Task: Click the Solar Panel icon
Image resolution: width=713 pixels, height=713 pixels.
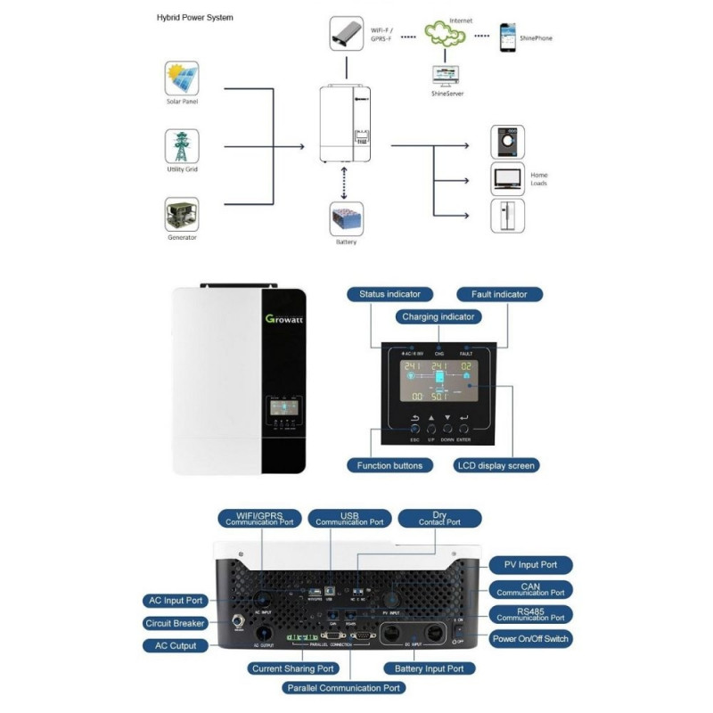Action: pyautogui.click(x=181, y=78)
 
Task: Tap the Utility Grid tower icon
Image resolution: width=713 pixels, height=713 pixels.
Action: pyautogui.click(x=181, y=146)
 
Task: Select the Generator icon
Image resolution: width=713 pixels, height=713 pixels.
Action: pyautogui.click(x=181, y=215)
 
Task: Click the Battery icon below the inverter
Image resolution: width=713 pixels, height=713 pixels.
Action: pyautogui.click(x=347, y=218)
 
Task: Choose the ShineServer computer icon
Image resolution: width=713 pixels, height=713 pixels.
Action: pyautogui.click(x=446, y=76)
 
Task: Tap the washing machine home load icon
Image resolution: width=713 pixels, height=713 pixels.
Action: pyautogui.click(x=507, y=143)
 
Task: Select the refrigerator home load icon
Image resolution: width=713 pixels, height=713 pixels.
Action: pyautogui.click(x=507, y=215)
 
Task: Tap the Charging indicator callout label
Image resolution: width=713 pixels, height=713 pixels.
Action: pyautogui.click(x=438, y=316)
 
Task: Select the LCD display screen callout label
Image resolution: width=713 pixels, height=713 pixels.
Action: pyautogui.click(x=497, y=465)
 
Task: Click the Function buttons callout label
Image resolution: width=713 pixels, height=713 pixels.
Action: pyautogui.click(x=389, y=465)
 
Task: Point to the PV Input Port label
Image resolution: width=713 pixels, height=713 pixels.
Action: pyautogui.click(x=530, y=565)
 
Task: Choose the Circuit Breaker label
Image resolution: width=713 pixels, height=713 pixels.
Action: pyautogui.click(x=176, y=624)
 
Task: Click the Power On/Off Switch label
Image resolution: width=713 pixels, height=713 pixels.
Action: pyautogui.click(x=530, y=638)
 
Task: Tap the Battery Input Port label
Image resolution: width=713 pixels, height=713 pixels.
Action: pyautogui.click(x=429, y=668)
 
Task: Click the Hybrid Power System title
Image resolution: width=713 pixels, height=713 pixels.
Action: pyautogui.click(x=194, y=17)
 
